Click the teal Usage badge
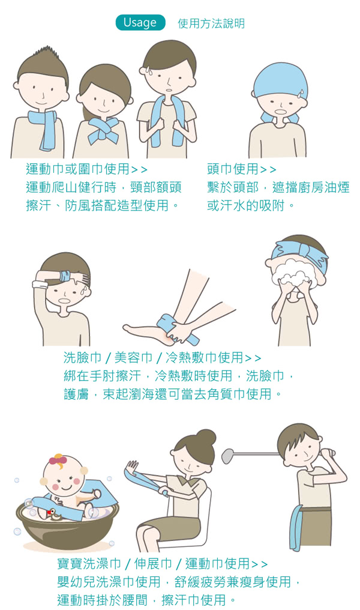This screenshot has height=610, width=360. (140, 23)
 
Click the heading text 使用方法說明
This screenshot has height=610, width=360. (211, 23)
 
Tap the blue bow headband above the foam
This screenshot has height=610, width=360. (299, 253)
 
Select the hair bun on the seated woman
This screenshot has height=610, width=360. (206, 438)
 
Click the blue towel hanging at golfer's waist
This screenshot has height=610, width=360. (296, 528)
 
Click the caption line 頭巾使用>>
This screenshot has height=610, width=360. (241, 169)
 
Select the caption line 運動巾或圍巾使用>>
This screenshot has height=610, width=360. (86, 169)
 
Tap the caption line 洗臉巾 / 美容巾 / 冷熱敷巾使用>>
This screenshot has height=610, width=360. (162, 357)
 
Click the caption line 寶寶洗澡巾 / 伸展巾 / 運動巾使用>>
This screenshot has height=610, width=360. (162, 564)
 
